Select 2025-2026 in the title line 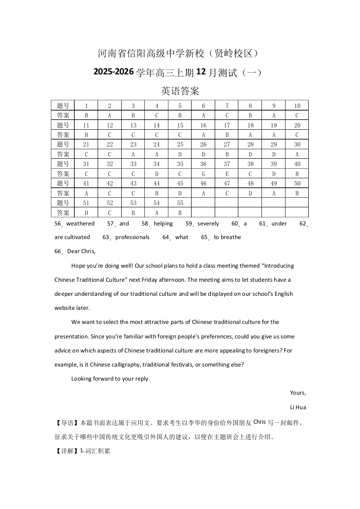tap(113, 72)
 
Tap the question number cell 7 tap(227, 106)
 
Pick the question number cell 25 tap(180, 145)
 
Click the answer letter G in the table tap(203, 174)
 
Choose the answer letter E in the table tap(227, 174)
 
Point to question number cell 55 tap(180, 203)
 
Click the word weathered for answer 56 tap(80, 224)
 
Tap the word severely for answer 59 tap(208, 224)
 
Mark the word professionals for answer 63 tap(132, 237)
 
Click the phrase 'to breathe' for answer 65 tap(227, 237)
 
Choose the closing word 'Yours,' tap(298, 393)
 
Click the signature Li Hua tap(298, 407)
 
